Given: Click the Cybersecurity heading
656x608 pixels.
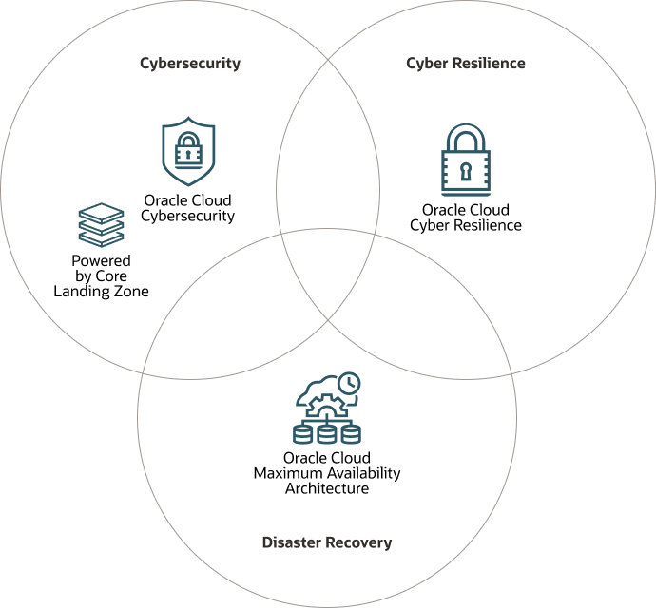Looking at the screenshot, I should (x=190, y=64).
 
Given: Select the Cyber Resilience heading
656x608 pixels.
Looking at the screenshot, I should (x=465, y=64).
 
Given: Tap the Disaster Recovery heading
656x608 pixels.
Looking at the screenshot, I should (x=327, y=542).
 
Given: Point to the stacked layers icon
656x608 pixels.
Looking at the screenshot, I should (x=101, y=225).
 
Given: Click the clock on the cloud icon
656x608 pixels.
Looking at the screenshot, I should (x=349, y=383).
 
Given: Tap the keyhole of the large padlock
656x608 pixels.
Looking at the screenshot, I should (x=466, y=171).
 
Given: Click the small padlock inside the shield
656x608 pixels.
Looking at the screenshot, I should (x=188, y=150).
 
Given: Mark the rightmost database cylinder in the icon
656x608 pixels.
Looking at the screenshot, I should (x=351, y=434).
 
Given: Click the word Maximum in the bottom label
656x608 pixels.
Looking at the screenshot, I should (x=282, y=473).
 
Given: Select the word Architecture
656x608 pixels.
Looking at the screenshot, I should (x=327, y=488).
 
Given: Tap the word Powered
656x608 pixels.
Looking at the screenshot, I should (x=101, y=260).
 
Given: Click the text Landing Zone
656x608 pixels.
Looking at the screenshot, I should (x=101, y=292).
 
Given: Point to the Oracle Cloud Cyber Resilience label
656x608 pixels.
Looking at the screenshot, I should (x=466, y=218).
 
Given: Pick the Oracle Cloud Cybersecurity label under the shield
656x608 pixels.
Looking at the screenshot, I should (x=187, y=208).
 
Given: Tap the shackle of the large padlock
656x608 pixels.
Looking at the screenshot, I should (x=466, y=135).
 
